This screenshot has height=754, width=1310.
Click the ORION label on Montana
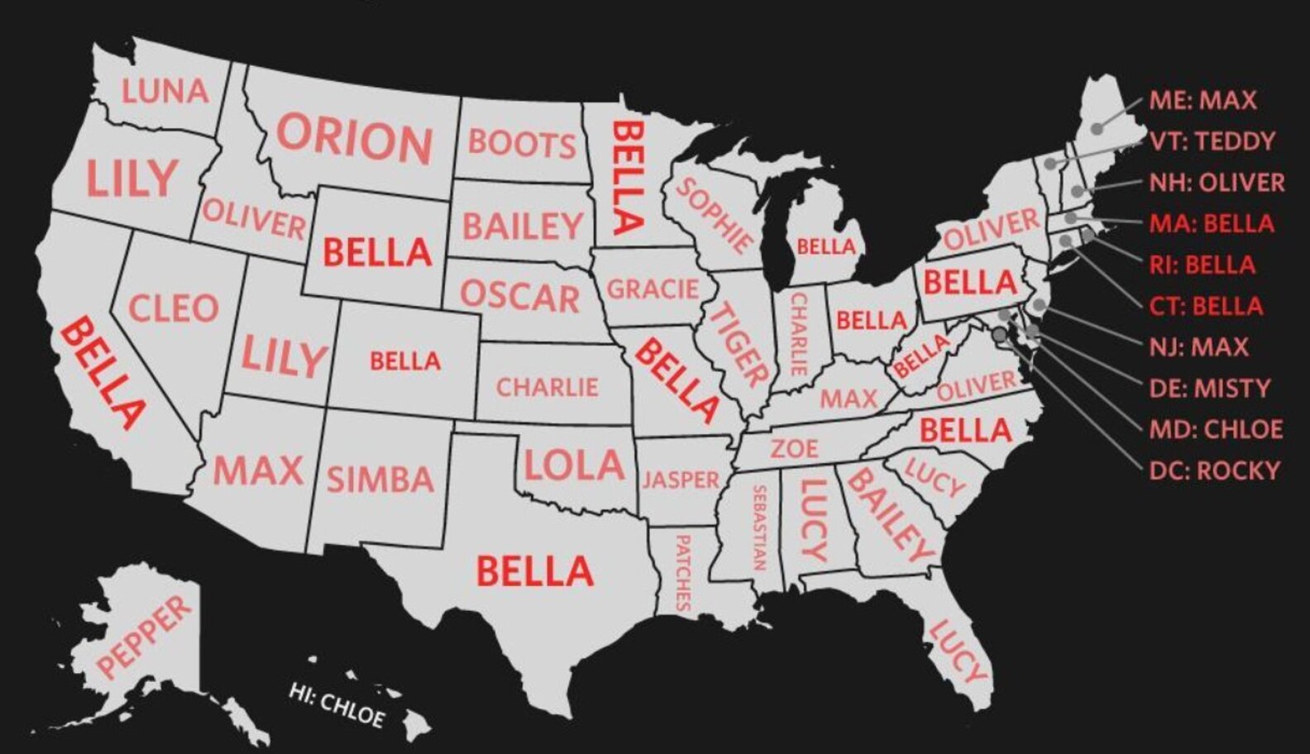coord(355,138)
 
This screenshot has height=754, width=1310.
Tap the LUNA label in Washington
coord(165,90)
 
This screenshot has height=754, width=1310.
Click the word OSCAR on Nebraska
coord(519,296)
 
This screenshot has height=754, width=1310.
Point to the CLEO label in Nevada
coord(174,308)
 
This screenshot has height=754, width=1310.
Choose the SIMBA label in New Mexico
coord(380,480)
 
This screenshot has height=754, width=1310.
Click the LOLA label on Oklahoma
coord(574,465)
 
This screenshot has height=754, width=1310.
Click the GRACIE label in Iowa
coord(653,289)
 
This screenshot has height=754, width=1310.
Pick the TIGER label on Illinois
coord(739,346)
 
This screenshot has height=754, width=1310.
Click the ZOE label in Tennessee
coord(795,448)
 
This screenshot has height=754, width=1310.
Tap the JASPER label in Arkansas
coord(681,480)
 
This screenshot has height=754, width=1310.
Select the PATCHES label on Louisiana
coord(682,572)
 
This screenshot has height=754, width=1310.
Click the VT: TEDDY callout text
coord(1212,141)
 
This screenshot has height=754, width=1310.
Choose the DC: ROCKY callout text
coord(1214,470)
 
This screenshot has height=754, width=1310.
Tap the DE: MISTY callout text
coord(1209,388)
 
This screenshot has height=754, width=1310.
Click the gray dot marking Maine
coord(1097,128)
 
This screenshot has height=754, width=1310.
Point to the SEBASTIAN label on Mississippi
coord(758,527)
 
